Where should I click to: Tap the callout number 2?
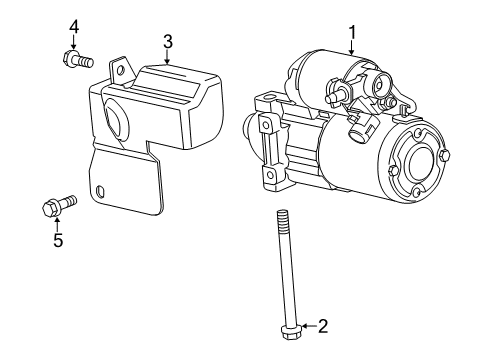[x=323, y=324]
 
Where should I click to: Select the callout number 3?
[x=168, y=41]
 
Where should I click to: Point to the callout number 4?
[x=73, y=25]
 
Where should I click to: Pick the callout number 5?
[x=57, y=241]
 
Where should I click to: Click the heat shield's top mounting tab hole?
[x=119, y=70]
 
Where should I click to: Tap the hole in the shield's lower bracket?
[x=102, y=191]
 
